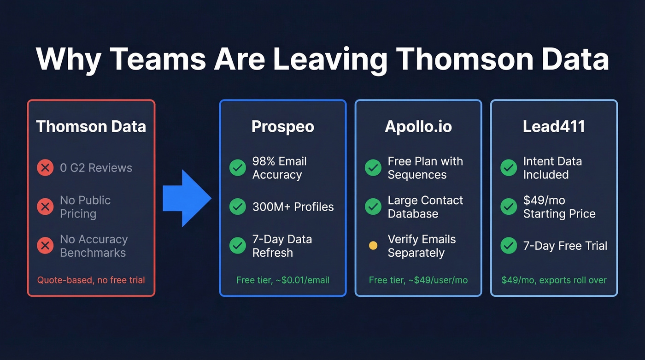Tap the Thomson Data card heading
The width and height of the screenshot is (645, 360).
(91, 126)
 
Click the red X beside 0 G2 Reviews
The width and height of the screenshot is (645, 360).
(45, 168)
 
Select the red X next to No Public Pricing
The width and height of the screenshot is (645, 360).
(45, 207)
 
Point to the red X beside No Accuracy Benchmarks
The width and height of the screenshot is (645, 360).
(45, 246)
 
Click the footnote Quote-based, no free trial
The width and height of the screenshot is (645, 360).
(91, 280)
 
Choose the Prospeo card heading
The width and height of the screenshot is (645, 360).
(282, 127)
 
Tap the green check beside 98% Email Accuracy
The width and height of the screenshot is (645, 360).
(238, 168)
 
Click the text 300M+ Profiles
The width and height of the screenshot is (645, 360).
(293, 207)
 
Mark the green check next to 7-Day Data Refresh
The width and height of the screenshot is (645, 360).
(238, 246)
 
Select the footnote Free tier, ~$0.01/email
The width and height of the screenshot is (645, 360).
(282, 280)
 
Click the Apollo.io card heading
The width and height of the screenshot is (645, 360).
(418, 127)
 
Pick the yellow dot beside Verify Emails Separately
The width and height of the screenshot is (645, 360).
(373, 246)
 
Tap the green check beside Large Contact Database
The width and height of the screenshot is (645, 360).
(373, 207)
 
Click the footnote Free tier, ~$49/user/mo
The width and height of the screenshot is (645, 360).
(418, 280)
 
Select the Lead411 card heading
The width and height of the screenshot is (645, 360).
(554, 127)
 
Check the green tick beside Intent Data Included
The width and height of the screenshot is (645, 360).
(509, 168)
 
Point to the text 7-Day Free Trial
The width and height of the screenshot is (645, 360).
(565, 246)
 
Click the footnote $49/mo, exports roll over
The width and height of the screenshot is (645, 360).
(554, 280)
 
